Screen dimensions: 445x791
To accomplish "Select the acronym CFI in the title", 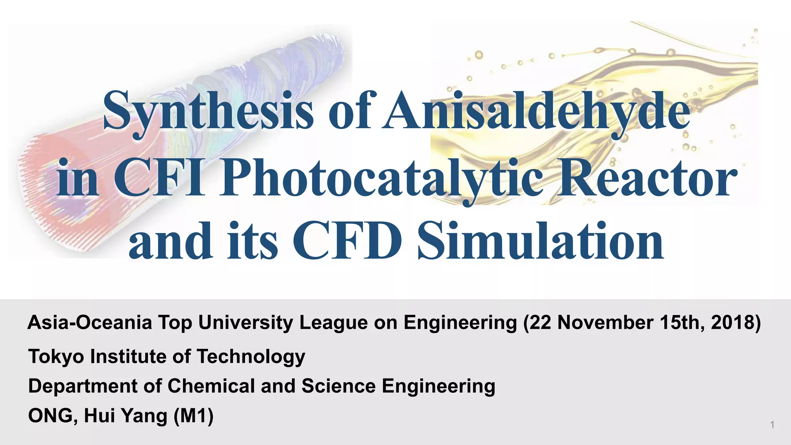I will point(158,178).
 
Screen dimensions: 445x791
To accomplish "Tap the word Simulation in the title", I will point(541,241).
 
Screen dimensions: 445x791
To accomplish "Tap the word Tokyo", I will point(56,356).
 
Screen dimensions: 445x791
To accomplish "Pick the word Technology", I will point(251,357).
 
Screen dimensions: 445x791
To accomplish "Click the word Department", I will point(83,386).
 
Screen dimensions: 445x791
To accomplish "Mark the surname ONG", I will point(50,416).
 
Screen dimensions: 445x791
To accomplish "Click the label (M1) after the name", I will point(194,416).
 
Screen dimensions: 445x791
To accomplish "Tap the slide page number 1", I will point(772,425).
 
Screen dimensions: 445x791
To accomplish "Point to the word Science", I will point(338,386).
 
